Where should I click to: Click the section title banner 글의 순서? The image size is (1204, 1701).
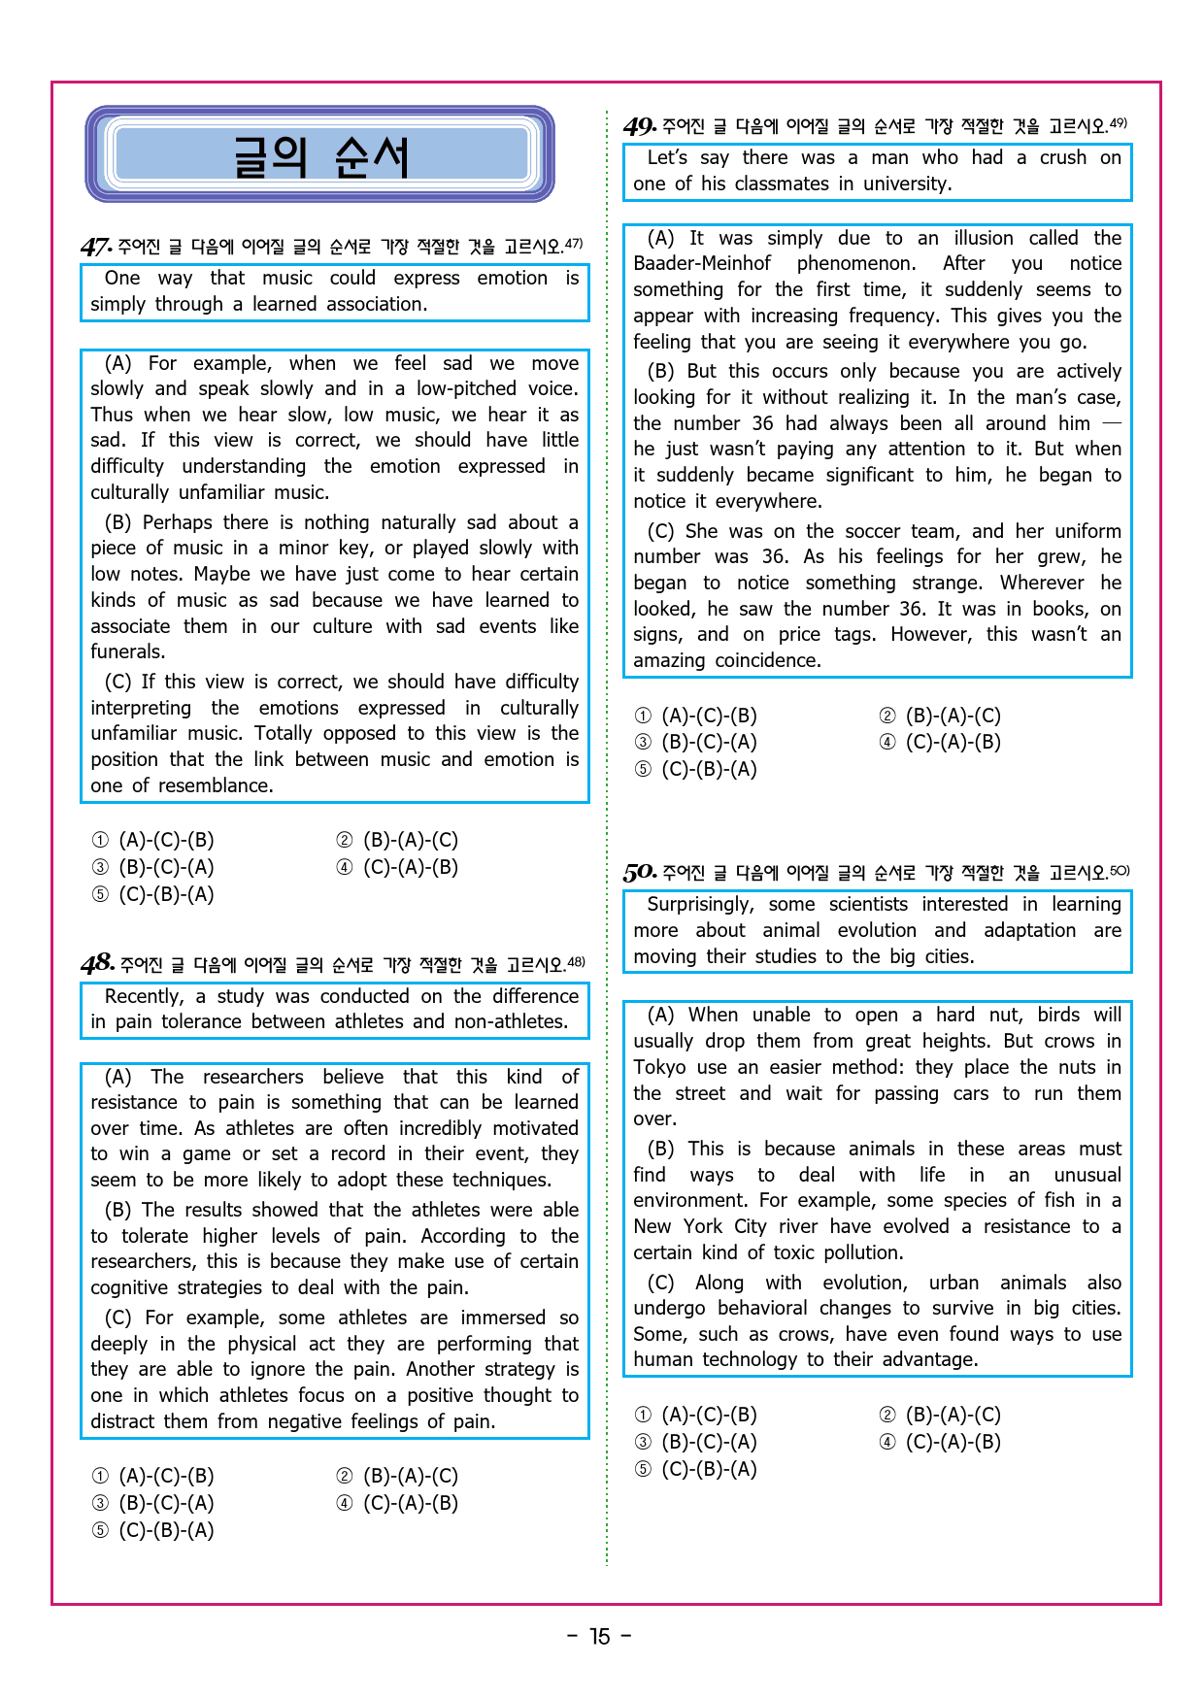[319, 155]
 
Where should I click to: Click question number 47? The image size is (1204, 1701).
[96, 247]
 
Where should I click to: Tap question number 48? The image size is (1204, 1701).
[98, 964]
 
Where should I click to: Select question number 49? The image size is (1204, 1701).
[640, 126]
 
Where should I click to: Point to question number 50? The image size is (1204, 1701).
[640, 873]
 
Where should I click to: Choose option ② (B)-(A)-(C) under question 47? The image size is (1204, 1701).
[398, 840]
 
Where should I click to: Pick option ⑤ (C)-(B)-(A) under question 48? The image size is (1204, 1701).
[153, 1530]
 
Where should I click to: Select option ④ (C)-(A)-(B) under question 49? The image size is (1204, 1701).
[940, 742]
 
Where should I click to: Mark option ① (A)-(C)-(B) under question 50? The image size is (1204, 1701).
[696, 1415]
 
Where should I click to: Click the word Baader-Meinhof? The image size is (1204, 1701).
[702, 263]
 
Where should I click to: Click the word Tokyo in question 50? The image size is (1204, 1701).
[659, 1067]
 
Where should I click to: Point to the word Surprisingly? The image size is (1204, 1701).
[700, 904]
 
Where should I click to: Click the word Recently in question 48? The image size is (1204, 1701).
[144, 996]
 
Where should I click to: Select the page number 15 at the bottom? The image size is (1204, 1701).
[600, 1637]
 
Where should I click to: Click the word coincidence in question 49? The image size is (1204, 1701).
[767, 660]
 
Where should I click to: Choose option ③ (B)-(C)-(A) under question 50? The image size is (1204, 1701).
[696, 1442]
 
